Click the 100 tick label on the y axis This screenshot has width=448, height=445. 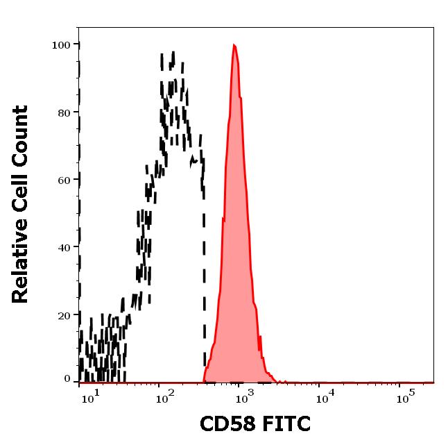(x=61, y=45)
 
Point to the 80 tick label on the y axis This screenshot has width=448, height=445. (x=64, y=112)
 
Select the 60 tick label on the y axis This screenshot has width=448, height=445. (x=64, y=180)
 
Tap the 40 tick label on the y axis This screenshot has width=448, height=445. (x=64, y=247)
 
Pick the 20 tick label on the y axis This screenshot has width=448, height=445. (x=64, y=314)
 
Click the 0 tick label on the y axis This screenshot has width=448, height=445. (x=67, y=379)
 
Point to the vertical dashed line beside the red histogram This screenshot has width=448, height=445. (x=204, y=278)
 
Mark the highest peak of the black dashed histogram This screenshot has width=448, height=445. (x=173, y=53)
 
